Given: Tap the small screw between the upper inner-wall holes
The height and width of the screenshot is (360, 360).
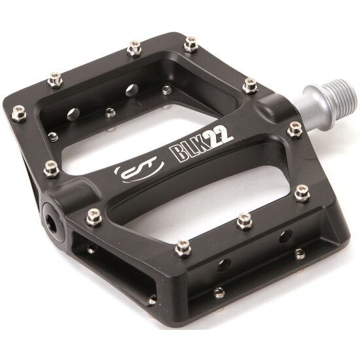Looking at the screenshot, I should [110, 113].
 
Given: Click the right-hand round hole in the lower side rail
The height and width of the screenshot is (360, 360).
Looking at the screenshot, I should [285, 236].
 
